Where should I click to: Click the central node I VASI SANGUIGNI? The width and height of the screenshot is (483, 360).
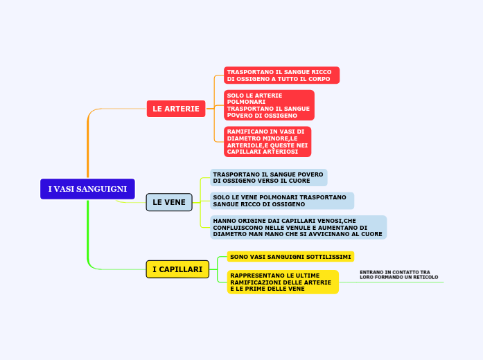(87, 189)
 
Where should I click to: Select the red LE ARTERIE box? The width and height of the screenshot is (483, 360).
(176, 109)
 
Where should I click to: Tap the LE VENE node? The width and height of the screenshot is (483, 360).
(169, 202)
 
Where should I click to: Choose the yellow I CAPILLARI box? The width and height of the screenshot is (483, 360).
(177, 269)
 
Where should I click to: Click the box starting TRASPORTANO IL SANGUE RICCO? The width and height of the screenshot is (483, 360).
(281, 75)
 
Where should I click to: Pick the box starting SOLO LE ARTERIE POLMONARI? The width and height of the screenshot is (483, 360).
(269, 105)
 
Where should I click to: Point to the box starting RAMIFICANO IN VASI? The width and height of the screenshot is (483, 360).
(267, 141)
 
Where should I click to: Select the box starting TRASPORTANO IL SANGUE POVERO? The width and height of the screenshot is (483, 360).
(268, 177)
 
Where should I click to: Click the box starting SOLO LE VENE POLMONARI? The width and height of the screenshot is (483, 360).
(281, 201)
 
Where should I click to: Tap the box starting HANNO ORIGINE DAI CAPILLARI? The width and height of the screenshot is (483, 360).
(298, 227)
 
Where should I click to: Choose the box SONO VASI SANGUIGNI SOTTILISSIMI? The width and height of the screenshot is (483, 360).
(290, 257)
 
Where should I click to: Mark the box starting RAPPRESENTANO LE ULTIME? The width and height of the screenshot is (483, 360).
(282, 282)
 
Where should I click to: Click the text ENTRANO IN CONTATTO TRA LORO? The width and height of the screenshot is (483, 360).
(398, 275)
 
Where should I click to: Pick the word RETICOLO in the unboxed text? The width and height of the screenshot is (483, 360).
(425, 277)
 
